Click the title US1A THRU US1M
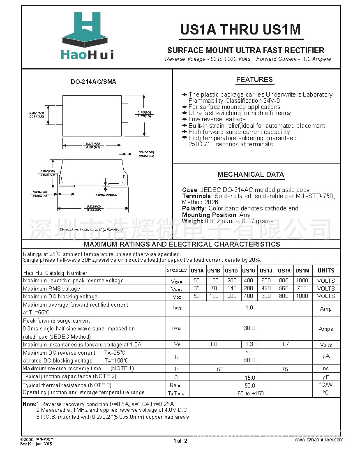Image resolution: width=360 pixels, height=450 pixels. click(240, 30)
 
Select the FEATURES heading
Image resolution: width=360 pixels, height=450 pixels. click(254, 79)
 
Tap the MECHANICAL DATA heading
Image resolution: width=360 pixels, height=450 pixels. click(251, 174)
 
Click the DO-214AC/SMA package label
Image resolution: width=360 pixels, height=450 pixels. click(93, 82)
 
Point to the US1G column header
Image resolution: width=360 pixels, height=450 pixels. click(249, 270)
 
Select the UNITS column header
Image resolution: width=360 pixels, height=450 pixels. click(326, 270)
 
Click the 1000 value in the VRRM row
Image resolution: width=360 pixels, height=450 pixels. click(302, 280)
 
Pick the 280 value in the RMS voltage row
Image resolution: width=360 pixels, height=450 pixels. click(249, 288)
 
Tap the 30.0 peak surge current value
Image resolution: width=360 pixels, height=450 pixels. click(249, 328)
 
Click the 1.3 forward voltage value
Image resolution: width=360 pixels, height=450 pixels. click(249, 344)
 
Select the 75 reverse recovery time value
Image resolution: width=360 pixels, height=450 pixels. click(285, 369)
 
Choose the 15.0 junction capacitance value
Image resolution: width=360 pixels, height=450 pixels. click(249, 377)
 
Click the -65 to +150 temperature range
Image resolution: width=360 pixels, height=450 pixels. click(249, 393)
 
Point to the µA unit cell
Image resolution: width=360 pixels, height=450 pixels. click(326, 356)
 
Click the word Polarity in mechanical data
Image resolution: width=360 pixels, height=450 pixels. click(193, 208)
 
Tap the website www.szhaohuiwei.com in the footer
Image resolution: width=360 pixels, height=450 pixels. click(318, 440)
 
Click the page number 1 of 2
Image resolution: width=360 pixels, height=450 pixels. click(180, 441)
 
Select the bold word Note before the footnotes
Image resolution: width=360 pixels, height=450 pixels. click(29, 404)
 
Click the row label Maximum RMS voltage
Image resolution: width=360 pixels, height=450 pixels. click(52, 288)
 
